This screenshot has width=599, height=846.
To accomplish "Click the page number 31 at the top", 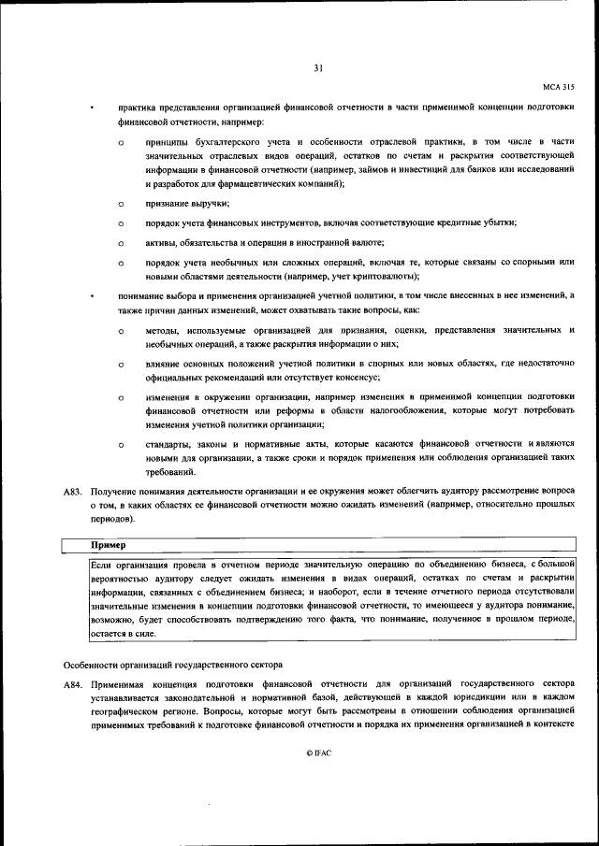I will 318,66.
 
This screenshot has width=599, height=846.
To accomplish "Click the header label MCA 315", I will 558,87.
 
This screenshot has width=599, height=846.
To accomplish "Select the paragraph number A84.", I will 73,686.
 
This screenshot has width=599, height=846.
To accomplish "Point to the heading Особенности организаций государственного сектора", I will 172,664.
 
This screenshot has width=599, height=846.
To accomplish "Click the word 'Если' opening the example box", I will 101,566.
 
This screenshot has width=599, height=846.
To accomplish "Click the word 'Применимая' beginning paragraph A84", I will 117,686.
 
